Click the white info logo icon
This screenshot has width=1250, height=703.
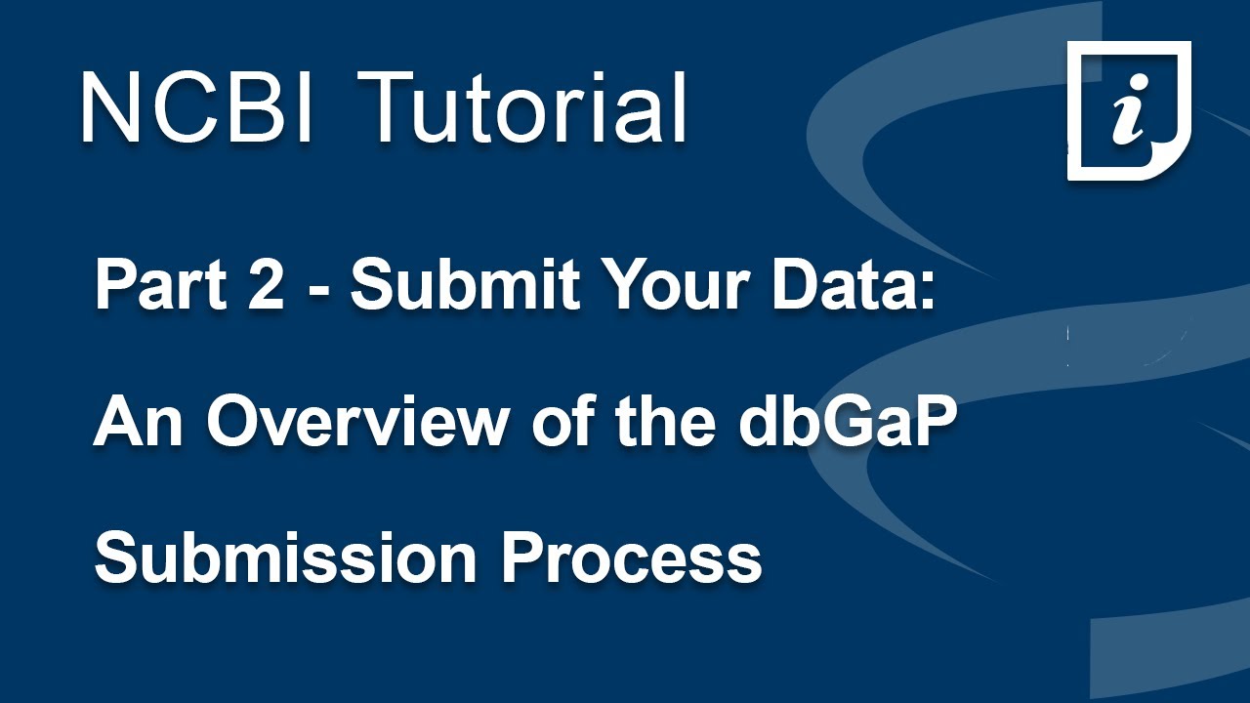click(x=1128, y=109)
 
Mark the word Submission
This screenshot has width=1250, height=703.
click(x=282, y=558)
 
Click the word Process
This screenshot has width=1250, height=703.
click(x=631, y=558)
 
